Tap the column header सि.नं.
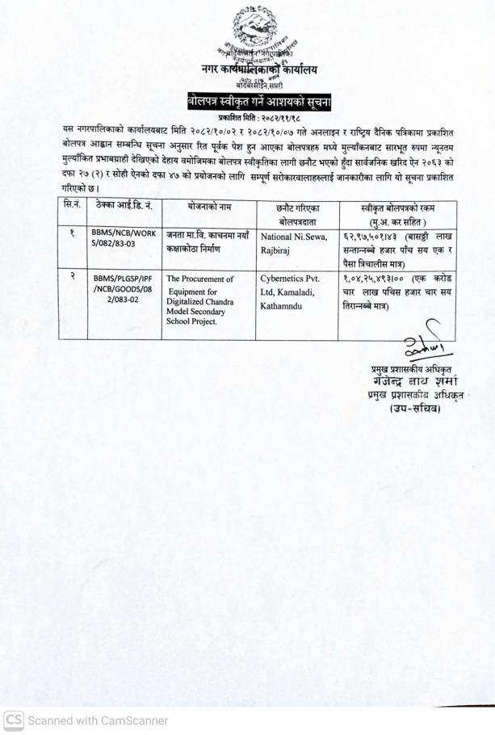[x=73, y=208]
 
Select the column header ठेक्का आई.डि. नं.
[x=120, y=208]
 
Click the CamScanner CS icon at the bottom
[x=13, y=720]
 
